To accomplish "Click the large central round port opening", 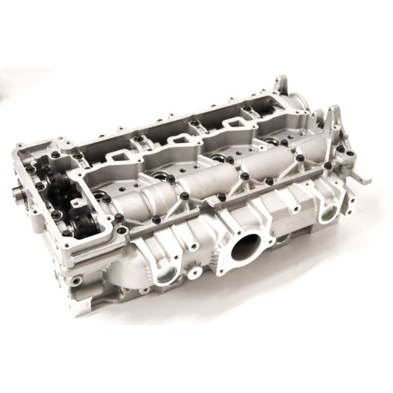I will (245, 251).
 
